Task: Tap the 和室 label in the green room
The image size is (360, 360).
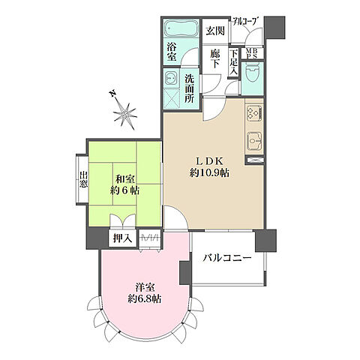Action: pos(124,179)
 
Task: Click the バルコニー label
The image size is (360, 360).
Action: pos(226,259)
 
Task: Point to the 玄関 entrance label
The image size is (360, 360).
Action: pos(215,31)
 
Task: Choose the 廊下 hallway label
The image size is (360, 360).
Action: pos(214,59)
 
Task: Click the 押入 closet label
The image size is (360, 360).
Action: pos(121,239)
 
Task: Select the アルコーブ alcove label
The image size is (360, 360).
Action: pos(245,22)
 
